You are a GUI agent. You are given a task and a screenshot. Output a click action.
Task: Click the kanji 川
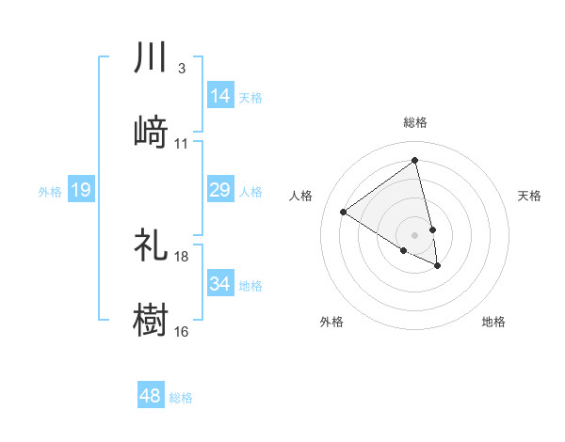pyautogui.click(x=151, y=58)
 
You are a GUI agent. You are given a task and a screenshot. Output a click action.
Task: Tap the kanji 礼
pyautogui.click(x=151, y=245)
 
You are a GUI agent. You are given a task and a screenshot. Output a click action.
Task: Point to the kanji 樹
pyautogui.click(x=151, y=319)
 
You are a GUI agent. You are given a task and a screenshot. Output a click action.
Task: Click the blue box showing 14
pyautogui.click(x=220, y=95)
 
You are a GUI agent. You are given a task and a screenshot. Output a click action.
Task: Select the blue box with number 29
pyautogui.click(x=220, y=190)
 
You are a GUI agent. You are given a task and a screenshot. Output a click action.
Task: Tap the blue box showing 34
pyautogui.click(x=220, y=283)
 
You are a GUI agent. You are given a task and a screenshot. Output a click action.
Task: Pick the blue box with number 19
pyautogui.click(x=81, y=190)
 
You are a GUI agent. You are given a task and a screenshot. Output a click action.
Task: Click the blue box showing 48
pyautogui.click(x=151, y=396)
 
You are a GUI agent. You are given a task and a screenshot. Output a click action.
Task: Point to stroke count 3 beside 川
pyautogui.click(x=181, y=69)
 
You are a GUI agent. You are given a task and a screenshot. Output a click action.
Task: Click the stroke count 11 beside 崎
pyautogui.click(x=182, y=144)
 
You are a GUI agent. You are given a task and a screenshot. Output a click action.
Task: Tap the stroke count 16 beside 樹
pyautogui.click(x=182, y=331)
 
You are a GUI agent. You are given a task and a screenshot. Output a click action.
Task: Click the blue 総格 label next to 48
pyautogui.click(x=181, y=398)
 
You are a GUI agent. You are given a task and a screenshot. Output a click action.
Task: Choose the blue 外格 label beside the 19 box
pyautogui.click(x=50, y=191)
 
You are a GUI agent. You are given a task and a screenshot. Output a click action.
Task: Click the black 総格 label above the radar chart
pyautogui.click(x=414, y=122)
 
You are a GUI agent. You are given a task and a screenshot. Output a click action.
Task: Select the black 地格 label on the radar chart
pyautogui.click(x=493, y=322)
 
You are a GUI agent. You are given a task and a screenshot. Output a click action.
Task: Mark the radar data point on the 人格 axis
pyautogui.click(x=344, y=212)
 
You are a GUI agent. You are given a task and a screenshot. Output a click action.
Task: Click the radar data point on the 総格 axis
pyautogui.click(x=414, y=160)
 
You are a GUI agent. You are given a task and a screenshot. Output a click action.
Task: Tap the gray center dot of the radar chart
pyautogui.click(x=414, y=233)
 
